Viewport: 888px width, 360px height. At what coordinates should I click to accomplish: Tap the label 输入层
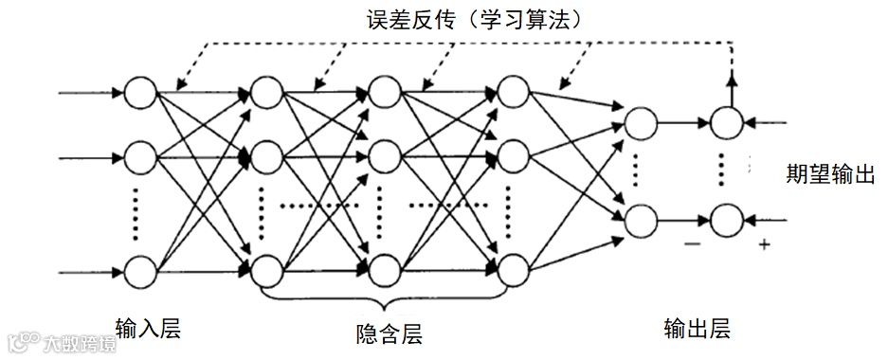coord(149,328)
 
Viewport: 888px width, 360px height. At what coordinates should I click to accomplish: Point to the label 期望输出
coord(830,174)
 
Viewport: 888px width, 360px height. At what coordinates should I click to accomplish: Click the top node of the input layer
coord(140,93)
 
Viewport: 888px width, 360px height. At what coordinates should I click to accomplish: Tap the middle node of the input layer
coord(140,156)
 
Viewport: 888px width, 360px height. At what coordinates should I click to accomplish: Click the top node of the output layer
coord(641,122)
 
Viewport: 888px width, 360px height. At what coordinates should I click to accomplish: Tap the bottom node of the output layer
coord(641,220)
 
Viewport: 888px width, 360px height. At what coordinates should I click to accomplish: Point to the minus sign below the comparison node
coord(693,245)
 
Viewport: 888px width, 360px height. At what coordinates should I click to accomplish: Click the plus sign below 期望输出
coord(763,245)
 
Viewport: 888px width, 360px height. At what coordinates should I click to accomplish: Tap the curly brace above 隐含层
coord(386,301)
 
